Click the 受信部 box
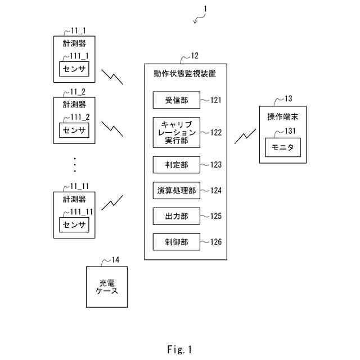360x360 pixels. coord(176,100)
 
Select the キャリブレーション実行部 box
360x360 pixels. coord(176,133)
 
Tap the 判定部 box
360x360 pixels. coord(176,165)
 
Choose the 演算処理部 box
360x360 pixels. coord(176,191)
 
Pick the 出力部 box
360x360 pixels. coord(176,216)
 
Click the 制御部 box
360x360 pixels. coord(176,242)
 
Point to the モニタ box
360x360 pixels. coord(283,148)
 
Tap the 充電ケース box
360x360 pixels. coord(105,287)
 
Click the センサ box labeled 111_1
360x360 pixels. coord(74,69)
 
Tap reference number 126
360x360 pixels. coord(216,242)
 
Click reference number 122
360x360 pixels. coord(216,133)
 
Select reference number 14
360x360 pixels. coord(115,260)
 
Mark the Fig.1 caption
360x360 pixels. coord(179,349)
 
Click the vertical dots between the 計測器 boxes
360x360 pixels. coord(74,165)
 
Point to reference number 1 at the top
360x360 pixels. coord(205,8)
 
